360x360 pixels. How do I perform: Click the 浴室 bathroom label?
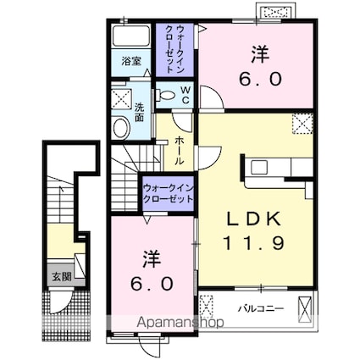click(131, 61)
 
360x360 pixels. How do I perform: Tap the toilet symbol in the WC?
click(165, 95)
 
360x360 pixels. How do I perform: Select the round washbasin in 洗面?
click(122, 128)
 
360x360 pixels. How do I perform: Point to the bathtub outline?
click(131, 36)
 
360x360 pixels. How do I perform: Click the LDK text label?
click(254, 219)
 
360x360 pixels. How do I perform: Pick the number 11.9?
click(253, 243)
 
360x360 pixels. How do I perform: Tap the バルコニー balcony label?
click(260, 308)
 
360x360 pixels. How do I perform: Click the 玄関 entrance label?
click(61, 277)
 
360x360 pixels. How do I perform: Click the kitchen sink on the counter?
click(259, 167)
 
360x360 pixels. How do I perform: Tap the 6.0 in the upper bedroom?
click(260, 79)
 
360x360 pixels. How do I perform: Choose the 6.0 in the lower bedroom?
click(152, 284)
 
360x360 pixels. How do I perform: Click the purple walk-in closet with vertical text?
click(175, 50)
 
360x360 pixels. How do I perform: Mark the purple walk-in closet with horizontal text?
click(169, 193)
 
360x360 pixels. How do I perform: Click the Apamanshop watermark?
click(180, 322)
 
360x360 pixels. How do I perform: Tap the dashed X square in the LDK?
click(302, 124)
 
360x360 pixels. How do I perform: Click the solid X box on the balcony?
click(306, 309)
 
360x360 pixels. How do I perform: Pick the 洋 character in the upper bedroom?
click(260, 54)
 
